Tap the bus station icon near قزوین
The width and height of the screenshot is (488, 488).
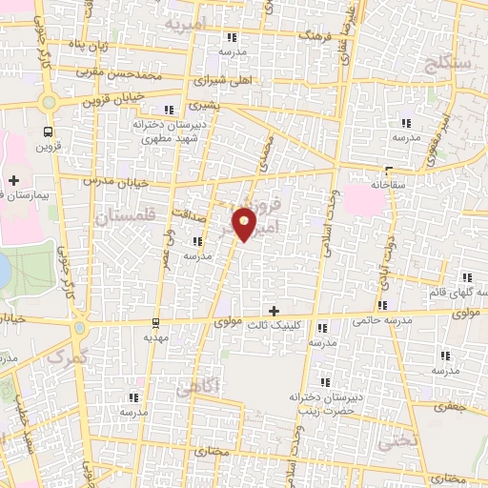tap(48, 132)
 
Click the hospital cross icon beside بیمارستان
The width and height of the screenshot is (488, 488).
tap(13, 179)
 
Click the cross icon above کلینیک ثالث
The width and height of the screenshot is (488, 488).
tap(274, 311)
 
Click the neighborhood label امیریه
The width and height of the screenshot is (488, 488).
tap(186, 21)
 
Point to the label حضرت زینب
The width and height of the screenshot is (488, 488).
tap(318, 408)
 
